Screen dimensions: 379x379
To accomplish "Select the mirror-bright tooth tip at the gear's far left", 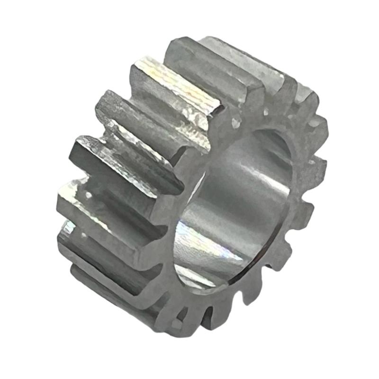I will [x=71, y=189].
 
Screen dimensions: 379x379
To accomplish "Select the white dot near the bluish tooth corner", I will [x=85, y=234].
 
